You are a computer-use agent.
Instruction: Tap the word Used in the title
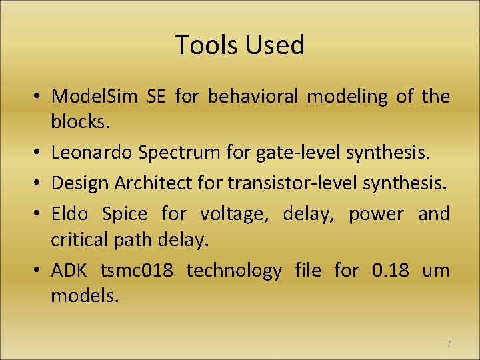pos(275,45)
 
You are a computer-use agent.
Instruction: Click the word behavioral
pos(253,97)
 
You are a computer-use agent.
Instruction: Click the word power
pos(376,215)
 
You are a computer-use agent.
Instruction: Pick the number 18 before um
pos(401,271)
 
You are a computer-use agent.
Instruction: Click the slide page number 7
pos(448,343)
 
